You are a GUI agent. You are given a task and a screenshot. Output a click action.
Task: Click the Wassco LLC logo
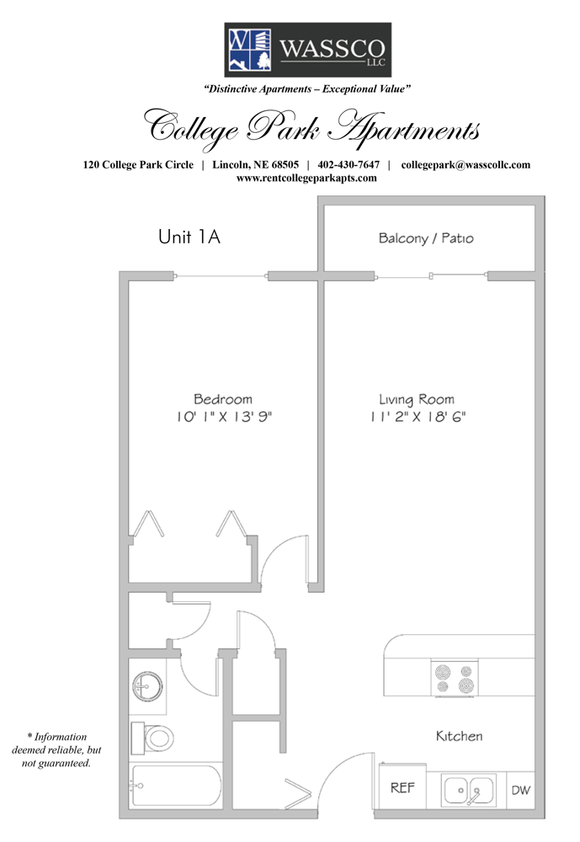307,50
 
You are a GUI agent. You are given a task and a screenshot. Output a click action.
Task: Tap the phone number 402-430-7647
349,165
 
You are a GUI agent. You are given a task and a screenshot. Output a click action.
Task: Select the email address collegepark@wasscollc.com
466,165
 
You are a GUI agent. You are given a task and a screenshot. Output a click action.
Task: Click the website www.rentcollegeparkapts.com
306,179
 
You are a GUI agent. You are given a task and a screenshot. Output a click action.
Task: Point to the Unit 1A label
189,237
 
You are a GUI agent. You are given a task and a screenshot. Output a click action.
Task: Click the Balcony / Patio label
426,238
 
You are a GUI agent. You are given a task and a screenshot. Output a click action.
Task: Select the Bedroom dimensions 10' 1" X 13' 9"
225,417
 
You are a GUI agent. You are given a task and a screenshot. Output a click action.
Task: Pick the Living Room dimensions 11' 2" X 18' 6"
418,417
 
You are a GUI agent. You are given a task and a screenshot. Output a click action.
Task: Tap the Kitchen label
459,736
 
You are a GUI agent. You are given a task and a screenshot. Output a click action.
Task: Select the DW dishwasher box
520,790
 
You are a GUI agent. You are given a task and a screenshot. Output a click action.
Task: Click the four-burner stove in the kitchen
455,679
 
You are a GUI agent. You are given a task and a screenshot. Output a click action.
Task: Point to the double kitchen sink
469,791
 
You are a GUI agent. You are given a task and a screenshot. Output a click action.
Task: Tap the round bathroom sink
147,685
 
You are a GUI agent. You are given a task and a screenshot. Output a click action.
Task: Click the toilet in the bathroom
152,738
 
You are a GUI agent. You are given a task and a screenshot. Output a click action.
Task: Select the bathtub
176,786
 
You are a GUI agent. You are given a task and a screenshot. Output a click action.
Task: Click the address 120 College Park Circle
138,165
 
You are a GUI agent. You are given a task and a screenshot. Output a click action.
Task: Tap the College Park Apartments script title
311,128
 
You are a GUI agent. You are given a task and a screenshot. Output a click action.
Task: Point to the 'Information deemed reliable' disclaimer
56,749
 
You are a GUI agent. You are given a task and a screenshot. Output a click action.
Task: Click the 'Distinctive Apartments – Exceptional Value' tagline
307,89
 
